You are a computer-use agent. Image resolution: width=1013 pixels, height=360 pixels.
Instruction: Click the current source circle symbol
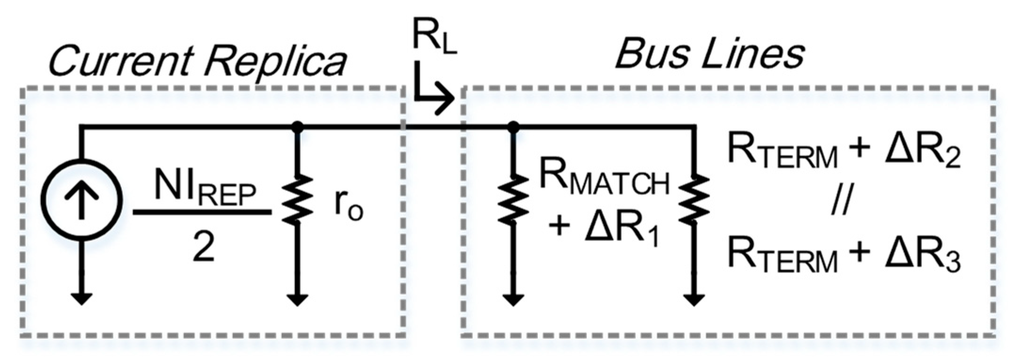tap(81, 200)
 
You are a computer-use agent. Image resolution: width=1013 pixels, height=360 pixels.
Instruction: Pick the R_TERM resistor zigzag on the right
tap(694, 200)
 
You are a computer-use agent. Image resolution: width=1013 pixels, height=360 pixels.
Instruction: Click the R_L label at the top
tap(434, 38)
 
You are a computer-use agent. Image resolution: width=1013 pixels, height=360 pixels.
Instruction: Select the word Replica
tap(278, 61)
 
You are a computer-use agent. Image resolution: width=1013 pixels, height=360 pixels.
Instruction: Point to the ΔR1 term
tap(621, 228)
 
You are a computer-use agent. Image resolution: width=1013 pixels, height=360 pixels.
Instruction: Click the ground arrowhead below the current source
tap(81, 299)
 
